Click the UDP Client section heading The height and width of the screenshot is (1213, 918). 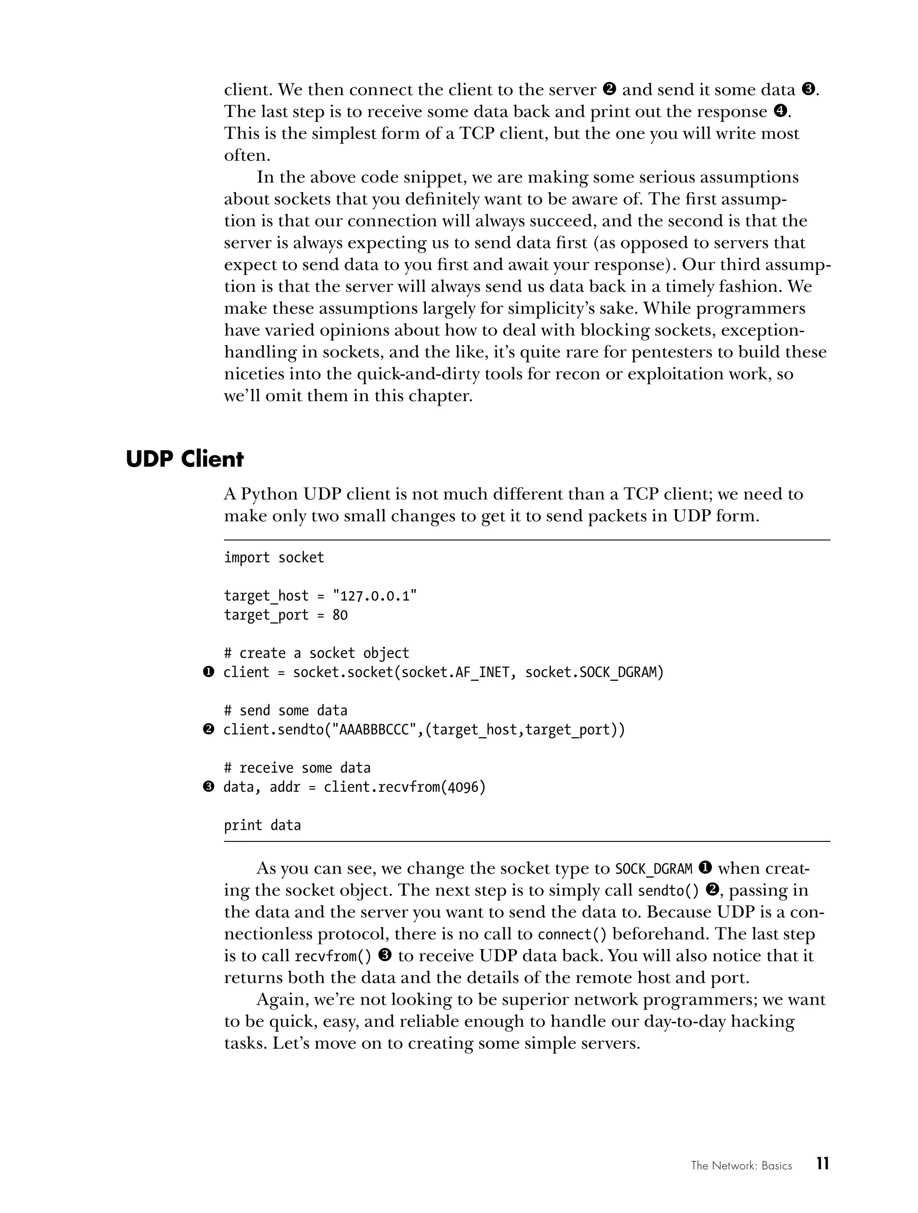coord(184,459)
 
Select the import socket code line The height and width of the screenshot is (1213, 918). coord(273,558)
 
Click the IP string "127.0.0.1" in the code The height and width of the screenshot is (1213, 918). coord(375,596)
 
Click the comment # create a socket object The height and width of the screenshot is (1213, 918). coord(316,653)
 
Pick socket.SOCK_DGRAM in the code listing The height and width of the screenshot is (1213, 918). coord(594,672)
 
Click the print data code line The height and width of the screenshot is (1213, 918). coord(262,825)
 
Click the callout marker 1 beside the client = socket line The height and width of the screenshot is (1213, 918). coord(208,672)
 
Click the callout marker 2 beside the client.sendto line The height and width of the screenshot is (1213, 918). coord(208,730)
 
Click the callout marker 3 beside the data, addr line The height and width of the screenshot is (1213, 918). coord(208,788)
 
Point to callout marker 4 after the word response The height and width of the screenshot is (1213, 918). coord(780,111)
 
